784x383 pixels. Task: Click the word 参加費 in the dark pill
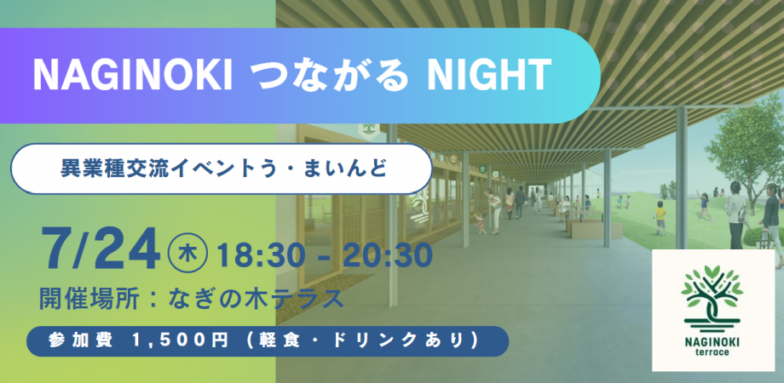coord(81,340)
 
